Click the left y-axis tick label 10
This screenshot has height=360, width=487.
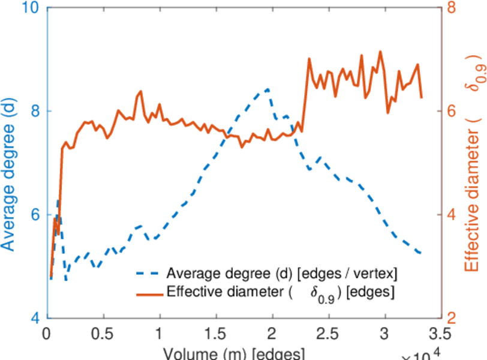pos(29,8)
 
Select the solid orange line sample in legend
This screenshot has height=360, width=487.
pos(146,294)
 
